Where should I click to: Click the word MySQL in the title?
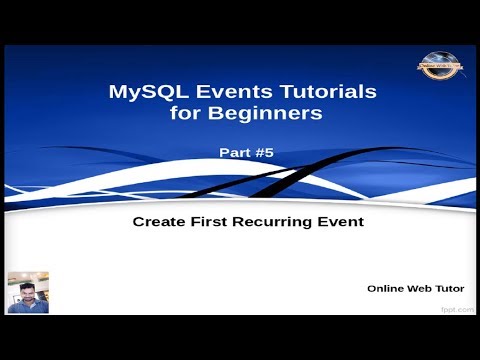(x=141, y=92)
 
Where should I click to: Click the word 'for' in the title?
(x=183, y=114)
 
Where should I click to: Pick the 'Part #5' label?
(x=245, y=153)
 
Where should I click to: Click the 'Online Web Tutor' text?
(x=422, y=288)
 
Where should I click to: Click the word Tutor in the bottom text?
(x=456, y=288)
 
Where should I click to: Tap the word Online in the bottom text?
(x=387, y=288)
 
